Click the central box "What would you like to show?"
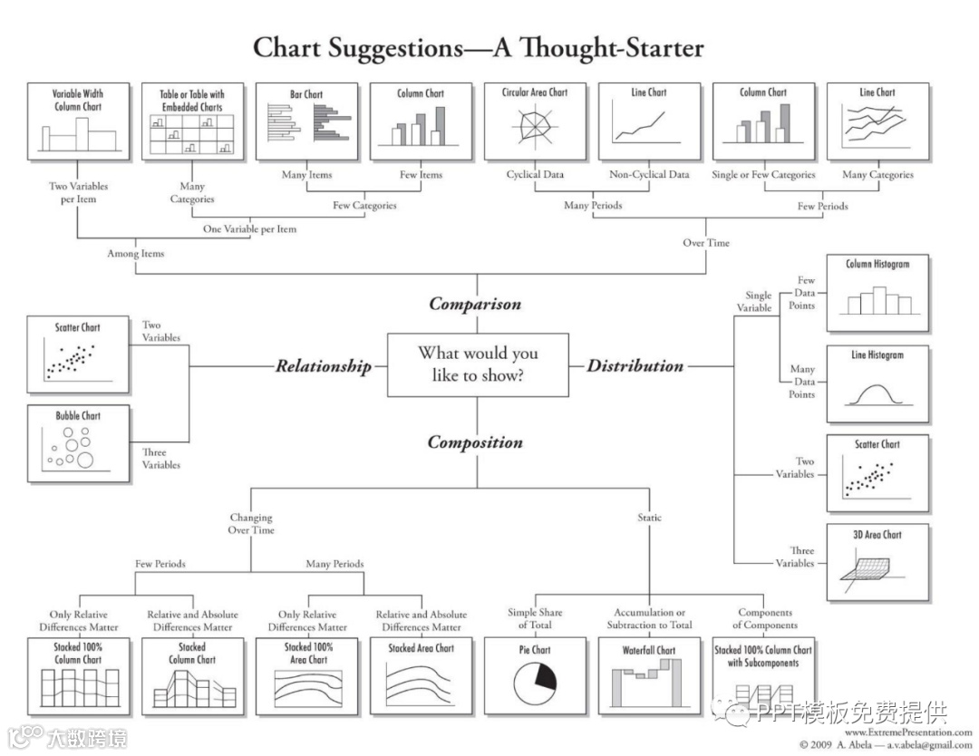tap(477, 364)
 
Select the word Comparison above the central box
tap(475, 304)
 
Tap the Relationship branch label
tap(324, 366)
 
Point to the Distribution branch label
tap(635, 365)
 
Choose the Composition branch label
tap(475, 442)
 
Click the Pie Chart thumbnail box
tap(535, 675)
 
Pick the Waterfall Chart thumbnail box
tap(649, 675)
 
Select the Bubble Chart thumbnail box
tap(78, 441)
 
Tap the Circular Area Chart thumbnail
tap(535, 121)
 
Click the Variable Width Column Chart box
tap(78, 121)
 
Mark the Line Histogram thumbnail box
tap(877, 383)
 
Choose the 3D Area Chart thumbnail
tap(877, 561)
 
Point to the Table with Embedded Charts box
tap(192, 121)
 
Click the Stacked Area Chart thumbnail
tap(421, 675)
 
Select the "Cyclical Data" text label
tap(535, 174)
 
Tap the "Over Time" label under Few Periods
tap(705, 242)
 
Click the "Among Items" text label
tap(136, 254)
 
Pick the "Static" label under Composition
tap(649, 518)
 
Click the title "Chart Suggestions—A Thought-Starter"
tap(478, 47)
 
